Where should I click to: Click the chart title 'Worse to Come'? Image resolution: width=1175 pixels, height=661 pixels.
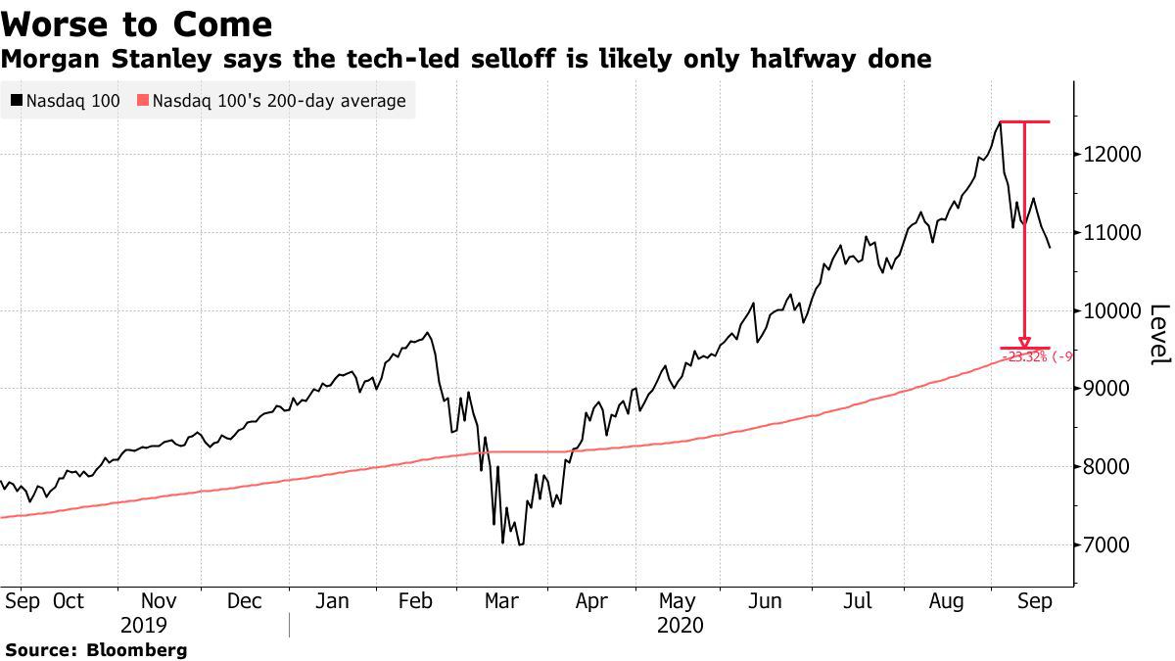point(137,24)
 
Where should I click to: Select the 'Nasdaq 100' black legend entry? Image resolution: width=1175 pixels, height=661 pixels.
point(65,100)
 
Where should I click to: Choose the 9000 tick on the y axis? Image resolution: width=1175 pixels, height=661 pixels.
point(1110,389)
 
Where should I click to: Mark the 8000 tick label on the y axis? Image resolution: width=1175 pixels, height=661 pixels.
point(1110,466)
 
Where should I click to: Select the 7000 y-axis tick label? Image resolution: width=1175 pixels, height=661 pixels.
point(1110,544)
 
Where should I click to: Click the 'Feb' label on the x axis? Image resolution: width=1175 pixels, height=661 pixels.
point(417,600)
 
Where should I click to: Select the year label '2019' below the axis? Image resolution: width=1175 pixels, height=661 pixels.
point(144,625)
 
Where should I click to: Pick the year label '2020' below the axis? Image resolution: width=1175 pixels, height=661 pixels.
point(681,625)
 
